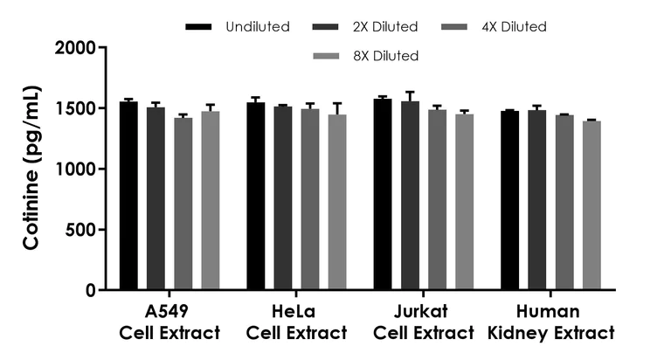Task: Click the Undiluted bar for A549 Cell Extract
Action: [128, 196]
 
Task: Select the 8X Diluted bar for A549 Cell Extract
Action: [211, 200]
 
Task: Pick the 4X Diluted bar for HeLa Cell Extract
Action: [310, 198]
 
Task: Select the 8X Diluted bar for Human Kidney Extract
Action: [591, 205]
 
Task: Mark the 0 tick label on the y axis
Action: [90, 290]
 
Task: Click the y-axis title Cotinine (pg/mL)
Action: [31, 168]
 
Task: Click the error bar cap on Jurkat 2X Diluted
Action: [410, 92]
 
